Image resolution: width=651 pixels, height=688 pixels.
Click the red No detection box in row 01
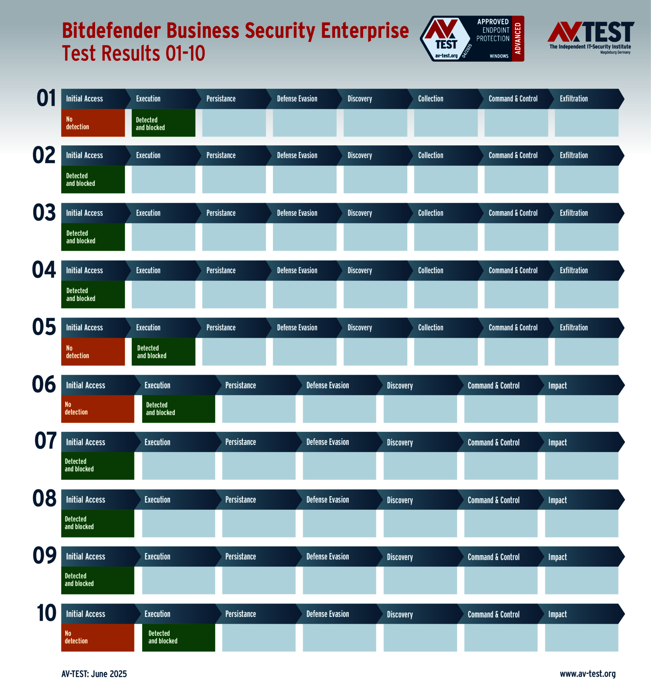coord(93,123)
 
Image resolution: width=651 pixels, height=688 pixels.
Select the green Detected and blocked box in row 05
coord(163,352)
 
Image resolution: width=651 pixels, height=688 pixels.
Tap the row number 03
coord(44,213)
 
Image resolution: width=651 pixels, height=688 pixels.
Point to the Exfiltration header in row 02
coord(574,155)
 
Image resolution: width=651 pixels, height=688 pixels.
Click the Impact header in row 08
coord(557,500)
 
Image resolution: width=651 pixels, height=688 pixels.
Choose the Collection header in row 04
coord(430,271)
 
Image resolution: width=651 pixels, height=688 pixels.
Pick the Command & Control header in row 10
coord(493,614)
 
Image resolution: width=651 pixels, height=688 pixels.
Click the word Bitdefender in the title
coord(111,31)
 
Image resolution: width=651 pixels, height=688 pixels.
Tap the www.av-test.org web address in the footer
coord(587,674)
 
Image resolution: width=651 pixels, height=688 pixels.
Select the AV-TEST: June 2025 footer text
coord(94,674)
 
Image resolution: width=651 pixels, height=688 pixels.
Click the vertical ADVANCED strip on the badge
coord(518,38)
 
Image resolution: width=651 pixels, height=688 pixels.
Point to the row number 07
coord(45,441)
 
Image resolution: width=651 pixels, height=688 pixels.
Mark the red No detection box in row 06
coord(97,409)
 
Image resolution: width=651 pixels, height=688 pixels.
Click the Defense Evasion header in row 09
coord(327,557)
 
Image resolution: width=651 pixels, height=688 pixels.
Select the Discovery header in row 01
coord(359,99)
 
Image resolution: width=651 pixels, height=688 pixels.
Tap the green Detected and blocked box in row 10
coord(178,637)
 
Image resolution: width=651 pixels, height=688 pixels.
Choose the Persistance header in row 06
coord(241,386)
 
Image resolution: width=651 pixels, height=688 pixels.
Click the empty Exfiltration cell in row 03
coord(586,237)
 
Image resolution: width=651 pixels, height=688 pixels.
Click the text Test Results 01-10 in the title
coord(133,53)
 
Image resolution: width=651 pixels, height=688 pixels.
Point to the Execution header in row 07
coord(157,442)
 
